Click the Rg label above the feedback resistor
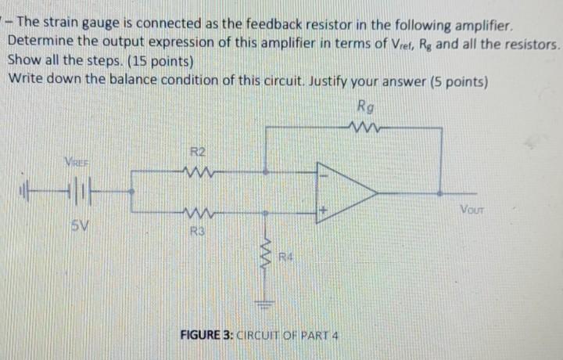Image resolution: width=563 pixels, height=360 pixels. click(364, 106)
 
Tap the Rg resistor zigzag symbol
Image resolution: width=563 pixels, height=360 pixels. click(364, 125)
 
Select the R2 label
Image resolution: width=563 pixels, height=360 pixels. click(198, 152)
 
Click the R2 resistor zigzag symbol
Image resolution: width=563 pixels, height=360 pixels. click(197, 171)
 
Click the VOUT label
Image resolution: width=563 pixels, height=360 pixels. click(472, 209)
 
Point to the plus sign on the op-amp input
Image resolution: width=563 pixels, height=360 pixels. click(321, 210)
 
